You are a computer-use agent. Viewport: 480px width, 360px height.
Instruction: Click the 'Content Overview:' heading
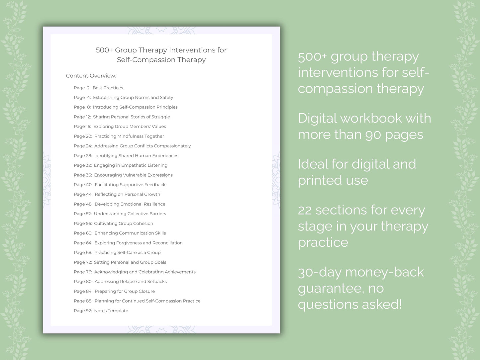(91, 76)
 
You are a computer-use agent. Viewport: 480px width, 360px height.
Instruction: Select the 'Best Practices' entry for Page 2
(108, 88)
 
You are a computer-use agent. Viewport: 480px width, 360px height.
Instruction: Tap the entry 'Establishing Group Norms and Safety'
(133, 97)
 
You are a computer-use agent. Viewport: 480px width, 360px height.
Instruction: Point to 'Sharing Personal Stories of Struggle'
(131, 117)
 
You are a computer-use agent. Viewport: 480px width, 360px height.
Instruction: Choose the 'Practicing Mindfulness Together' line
(129, 136)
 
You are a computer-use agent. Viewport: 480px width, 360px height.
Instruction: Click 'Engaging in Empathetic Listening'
(131, 165)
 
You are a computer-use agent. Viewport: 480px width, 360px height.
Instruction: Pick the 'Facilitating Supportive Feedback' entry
(130, 185)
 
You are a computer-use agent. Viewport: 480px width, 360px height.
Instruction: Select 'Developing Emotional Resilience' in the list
(130, 204)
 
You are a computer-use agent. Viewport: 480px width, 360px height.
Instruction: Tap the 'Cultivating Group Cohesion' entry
(124, 224)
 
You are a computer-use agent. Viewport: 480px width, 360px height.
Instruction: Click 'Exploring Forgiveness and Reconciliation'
(139, 243)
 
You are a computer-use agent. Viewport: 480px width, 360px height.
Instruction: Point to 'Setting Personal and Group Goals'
(130, 262)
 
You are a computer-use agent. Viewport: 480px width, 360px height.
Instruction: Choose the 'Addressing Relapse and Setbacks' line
(131, 282)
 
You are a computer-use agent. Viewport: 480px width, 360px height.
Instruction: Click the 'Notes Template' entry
(111, 311)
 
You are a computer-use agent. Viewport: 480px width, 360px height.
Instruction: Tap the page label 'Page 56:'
(83, 224)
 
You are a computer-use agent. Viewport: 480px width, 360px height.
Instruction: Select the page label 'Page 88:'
(83, 301)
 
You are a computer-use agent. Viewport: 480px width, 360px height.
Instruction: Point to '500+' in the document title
(104, 50)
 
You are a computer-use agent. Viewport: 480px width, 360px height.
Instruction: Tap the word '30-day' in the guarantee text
(319, 273)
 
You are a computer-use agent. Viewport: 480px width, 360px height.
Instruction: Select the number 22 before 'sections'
(304, 211)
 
